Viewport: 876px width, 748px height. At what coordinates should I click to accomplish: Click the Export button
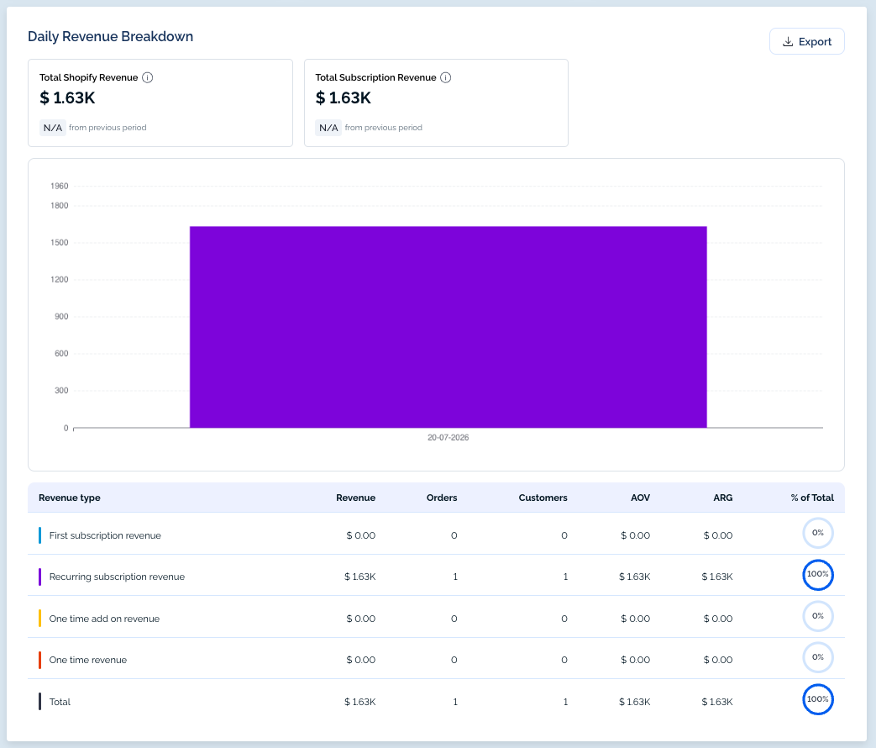[807, 41]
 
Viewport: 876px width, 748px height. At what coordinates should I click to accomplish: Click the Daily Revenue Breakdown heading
[111, 36]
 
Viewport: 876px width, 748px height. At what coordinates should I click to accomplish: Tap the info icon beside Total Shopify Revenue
[148, 77]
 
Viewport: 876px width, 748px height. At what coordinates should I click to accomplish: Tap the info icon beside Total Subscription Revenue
[445, 77]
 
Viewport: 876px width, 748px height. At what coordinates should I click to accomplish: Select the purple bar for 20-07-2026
[448, 327]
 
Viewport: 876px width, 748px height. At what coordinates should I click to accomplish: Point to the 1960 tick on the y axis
[60, 187]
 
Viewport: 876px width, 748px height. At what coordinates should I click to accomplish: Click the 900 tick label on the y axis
[61, 316]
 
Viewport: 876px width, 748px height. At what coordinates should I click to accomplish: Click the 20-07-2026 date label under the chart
[448, 438]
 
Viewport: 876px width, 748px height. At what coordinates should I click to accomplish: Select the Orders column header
[441, 498]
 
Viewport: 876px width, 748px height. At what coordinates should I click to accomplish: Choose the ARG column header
[723, 498]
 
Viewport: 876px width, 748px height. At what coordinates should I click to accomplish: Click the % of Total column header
[812, 498]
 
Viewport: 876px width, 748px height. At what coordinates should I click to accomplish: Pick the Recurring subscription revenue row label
[117, 577]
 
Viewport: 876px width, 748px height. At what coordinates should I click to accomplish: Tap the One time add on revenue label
[104, 619]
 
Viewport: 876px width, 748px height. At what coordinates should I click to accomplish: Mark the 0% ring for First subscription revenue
[818, 519]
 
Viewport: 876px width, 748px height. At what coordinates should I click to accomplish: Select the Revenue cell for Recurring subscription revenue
[359, 577]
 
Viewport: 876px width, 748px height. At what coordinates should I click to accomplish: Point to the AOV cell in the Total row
[635, 702]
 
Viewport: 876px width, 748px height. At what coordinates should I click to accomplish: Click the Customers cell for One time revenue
[564, 661]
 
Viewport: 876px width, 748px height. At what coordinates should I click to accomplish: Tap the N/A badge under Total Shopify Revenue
[53, 128]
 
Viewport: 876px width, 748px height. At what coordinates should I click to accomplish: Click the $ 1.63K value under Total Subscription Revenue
[343, 97]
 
